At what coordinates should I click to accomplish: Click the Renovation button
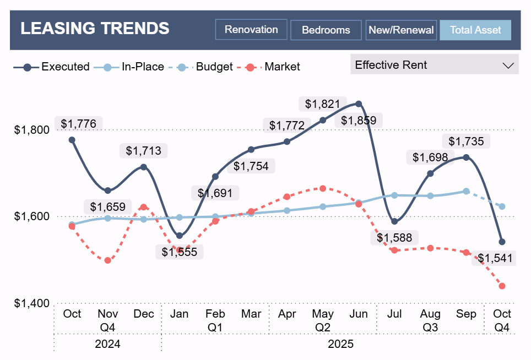click(x=251, y=30)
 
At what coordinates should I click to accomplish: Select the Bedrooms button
click(x=326, y=30)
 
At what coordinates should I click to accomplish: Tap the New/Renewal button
click(x=401, y=30)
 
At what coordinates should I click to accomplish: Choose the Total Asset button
click(x=475, y=30)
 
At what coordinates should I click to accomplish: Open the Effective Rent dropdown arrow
click(x=508, y=65)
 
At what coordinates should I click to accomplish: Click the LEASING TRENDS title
click(x=95, y=28)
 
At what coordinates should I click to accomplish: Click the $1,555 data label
click(x=180, y=252)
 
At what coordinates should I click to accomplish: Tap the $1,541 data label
click(x=495, y=258)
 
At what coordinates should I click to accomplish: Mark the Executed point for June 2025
click(x=359, y=103)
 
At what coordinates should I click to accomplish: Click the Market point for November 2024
click(x=108, y=260)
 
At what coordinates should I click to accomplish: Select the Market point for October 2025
click(x=502, y=286)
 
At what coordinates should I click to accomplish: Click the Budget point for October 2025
click(x=502, y=206)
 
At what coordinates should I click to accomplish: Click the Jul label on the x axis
click(x=394, y=314)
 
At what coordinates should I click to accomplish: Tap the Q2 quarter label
click(x=323, y=328)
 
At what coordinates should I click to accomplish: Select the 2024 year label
click(x=108, y=345)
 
